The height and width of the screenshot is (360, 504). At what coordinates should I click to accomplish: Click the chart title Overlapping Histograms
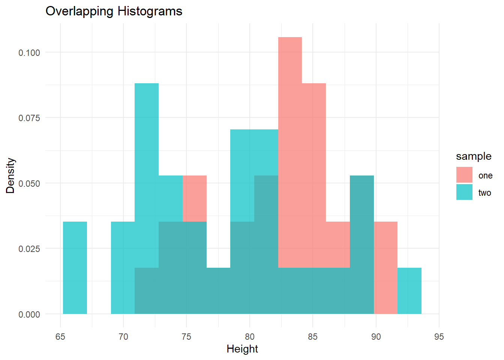[114, 11]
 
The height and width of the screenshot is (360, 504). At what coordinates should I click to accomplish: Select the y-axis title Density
[10, 175]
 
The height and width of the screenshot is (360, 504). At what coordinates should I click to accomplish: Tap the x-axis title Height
[242, 349]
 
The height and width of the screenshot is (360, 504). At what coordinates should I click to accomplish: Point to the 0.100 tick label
[29, 52]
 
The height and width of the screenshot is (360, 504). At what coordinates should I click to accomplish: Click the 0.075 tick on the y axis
[29, 118]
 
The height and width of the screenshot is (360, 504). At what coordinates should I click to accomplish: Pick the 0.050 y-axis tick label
[29, 183]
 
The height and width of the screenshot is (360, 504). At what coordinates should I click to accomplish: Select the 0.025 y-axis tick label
[29, 249]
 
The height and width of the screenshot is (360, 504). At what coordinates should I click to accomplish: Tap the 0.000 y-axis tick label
[29, 314]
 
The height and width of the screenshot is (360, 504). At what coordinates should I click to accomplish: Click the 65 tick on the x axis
[60, 337]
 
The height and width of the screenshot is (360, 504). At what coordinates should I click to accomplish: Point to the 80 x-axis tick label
[250, 337]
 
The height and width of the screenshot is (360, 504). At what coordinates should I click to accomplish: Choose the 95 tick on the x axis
[439, 337]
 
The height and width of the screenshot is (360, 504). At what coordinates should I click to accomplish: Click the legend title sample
[474, 156]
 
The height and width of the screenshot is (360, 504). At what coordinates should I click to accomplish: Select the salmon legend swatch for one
[464, 175]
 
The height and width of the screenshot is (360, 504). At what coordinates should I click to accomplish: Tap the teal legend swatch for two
[464, 192]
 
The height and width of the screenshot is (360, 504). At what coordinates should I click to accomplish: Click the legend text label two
[484, 193]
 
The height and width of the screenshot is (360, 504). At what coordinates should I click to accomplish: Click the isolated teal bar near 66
[75, 268]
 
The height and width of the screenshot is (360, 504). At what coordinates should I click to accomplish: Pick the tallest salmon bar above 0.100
[290, 112]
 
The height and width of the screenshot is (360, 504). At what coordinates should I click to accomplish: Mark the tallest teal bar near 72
[147, 150]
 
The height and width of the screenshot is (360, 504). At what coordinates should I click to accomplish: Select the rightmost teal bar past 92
[409, 291]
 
